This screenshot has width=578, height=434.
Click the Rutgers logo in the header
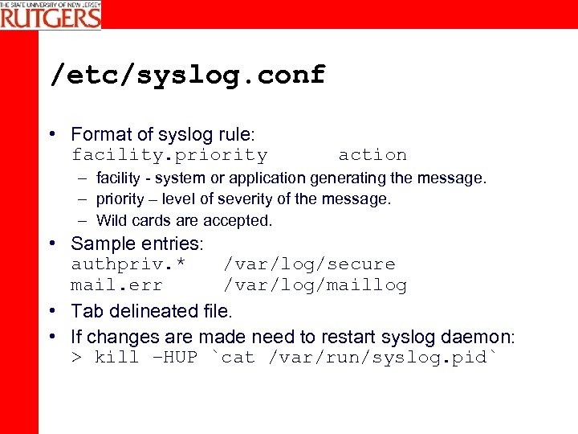click(51, 14)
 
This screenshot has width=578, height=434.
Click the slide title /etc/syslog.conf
click(188, 75)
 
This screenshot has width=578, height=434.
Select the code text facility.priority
click(169, 154)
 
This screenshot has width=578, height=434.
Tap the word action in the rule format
click(372, 154)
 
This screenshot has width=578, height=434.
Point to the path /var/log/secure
click(309, 264)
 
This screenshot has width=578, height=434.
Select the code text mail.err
click(116, 285)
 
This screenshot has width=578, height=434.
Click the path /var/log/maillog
click(315, 285)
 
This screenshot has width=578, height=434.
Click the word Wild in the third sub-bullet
click(113, 220)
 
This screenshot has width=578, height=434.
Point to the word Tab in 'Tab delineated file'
click(85, 310)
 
